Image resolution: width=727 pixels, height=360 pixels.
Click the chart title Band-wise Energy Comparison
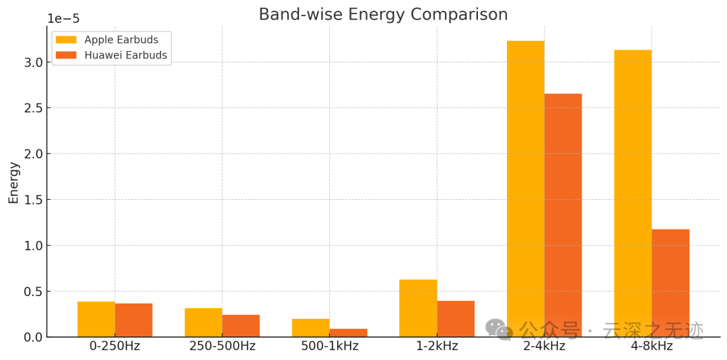[x=383, y=14]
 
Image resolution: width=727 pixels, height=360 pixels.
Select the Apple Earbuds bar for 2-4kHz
[x=525, y=188]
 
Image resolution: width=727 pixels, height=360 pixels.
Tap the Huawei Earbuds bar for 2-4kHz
[x=563, y=215]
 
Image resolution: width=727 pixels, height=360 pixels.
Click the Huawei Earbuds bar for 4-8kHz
[x=670, y=283]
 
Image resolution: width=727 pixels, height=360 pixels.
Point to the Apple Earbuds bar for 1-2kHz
[x=418, y=308]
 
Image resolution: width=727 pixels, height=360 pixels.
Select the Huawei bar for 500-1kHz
[x=348, y=332]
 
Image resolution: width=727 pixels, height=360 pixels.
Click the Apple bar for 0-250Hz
[x=96, y=319]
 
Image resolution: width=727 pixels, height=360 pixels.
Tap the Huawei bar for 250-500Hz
[x=241, y=326]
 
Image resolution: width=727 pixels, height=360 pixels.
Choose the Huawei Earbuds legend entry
[x=111, y=55]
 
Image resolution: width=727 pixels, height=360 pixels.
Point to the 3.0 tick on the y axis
[x=34, y=63]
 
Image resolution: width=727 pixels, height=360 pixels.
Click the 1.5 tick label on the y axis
[x=34, y=200]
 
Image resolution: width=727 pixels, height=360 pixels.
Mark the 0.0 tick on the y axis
[x=34, y=337]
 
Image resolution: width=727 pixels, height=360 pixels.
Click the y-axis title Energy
[x=13, y=182]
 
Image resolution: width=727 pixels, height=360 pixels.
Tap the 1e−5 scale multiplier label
[x=63, y=18]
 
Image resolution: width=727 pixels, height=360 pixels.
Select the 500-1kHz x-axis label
[x=329, y=347]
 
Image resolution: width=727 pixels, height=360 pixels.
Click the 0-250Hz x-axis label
[x=115, y=347]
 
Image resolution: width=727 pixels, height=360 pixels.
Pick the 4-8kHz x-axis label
[x=652, y=347]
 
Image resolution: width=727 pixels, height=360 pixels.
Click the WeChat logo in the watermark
[x=499, y=329]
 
